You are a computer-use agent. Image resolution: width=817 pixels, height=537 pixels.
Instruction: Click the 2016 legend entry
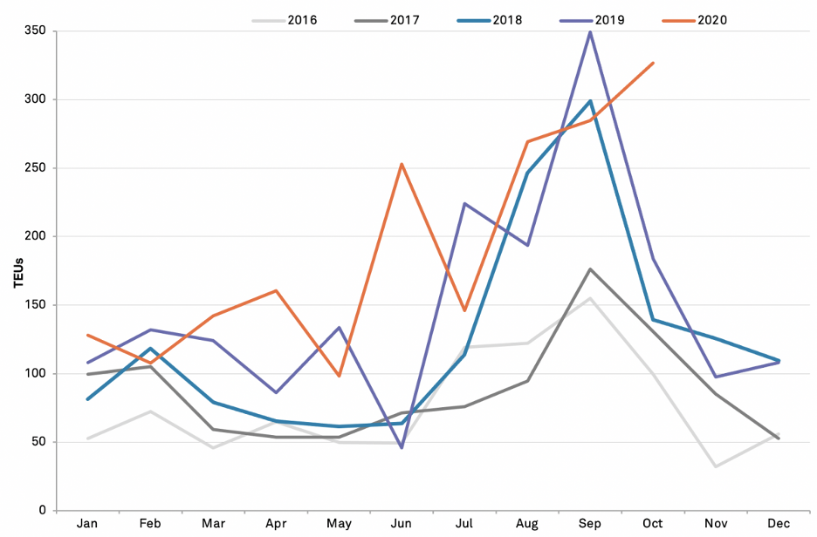(x=285, y=20)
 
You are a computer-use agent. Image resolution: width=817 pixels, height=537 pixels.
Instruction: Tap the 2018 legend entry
(x=490, y=20)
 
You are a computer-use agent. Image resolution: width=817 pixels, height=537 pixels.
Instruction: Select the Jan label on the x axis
(x=87, y=523)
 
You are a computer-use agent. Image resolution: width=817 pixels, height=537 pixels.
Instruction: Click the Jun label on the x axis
(x=402, y=523)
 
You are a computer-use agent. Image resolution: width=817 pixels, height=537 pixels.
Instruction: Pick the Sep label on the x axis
(x=590, y=523)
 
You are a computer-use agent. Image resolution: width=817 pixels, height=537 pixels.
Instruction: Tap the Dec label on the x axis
(x=779, y=523)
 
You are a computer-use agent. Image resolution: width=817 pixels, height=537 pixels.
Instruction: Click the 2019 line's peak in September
(x=590, y=32)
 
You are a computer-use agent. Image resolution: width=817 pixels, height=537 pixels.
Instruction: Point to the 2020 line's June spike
(x=402, y=164)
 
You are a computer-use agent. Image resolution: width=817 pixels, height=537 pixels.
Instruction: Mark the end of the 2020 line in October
(x=653, y=63)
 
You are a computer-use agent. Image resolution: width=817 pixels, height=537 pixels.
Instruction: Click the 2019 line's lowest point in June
(x=402, y=447)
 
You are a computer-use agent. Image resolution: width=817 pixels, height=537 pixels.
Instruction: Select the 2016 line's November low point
(x=716, y=466)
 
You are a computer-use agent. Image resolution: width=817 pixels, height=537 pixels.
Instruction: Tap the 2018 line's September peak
(x=590, y=101)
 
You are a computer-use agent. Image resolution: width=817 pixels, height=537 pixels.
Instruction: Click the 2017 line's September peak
(x=590, y=269)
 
